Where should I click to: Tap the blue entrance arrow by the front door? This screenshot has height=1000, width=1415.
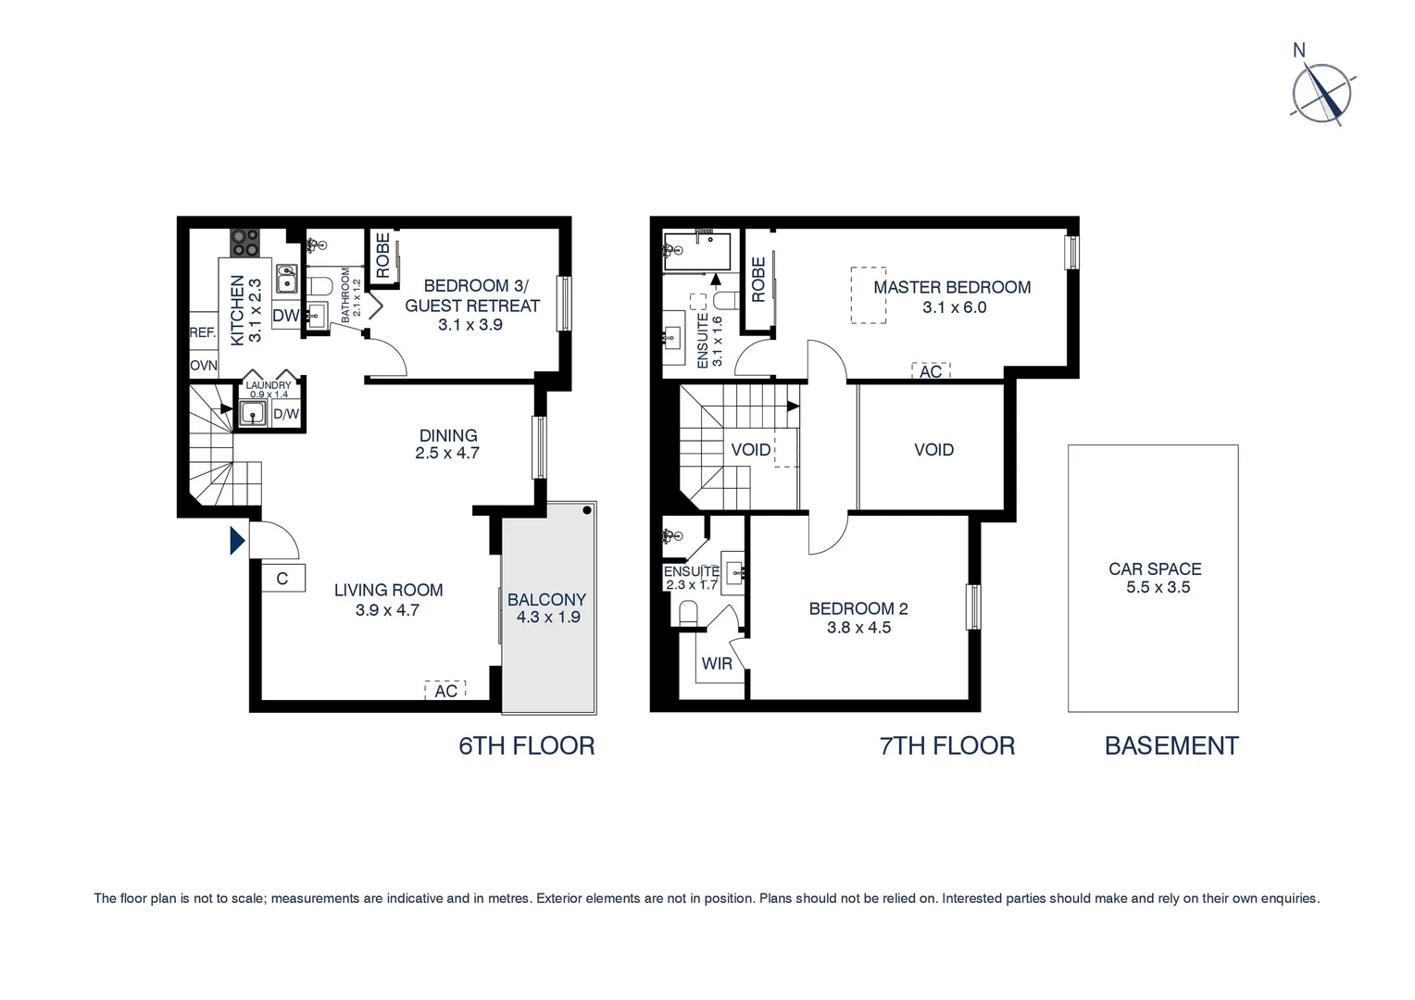[x=237, y=540]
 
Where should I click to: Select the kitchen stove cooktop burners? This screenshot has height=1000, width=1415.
[x=245, y=243]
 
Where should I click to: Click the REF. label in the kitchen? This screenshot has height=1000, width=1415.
[x=203, y=332]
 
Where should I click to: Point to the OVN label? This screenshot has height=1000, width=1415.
[x=204, y=366]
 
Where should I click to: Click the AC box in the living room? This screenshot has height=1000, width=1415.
[x=445, y=691]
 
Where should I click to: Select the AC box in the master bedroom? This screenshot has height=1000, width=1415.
[x=931, y=371]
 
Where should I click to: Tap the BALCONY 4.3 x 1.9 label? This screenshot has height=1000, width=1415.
[x=547, y=608]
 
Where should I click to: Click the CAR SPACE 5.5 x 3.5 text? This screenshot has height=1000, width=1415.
[x=1155, y=578]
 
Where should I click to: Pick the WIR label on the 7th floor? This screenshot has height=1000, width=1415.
[x=717, y=664]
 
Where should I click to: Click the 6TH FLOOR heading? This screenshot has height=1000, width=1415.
[x=527, y=745]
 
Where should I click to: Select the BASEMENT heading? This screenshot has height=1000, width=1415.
[x=1171, y=745]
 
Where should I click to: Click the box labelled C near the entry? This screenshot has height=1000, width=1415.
[x=282, y=579]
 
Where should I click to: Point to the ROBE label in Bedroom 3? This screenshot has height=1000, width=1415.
[x=382, y=255]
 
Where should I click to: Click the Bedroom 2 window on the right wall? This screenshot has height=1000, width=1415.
[x=973, y=607]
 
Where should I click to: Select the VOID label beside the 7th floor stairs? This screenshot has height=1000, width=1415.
[x=751, y=450]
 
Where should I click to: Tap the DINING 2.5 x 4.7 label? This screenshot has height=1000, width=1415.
[x=448, y=444]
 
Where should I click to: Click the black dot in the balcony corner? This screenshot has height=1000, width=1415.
[x=587, y=510]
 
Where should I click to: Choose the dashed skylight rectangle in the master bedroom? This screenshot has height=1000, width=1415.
[x=869, y=295]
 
